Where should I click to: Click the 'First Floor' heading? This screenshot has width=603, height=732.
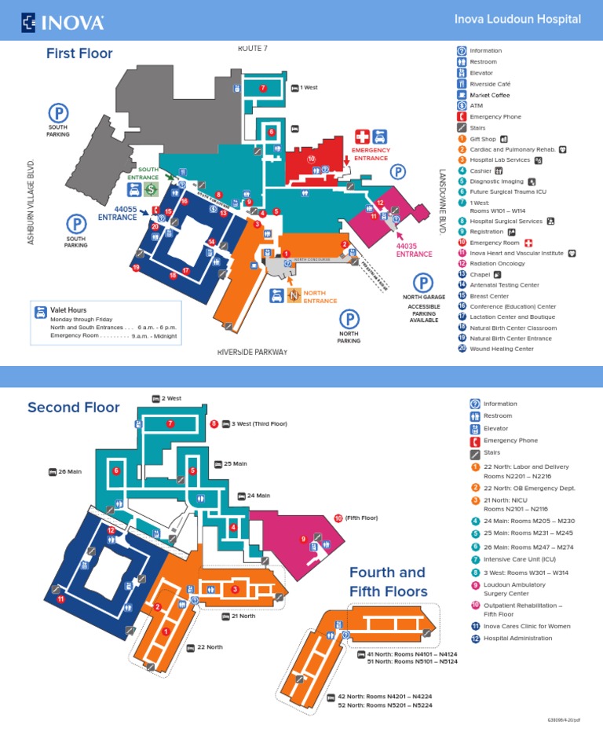coord(79,53)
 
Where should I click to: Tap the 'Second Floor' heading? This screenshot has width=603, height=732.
coord(74,407)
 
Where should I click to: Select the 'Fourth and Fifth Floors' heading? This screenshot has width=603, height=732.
coord(388,582)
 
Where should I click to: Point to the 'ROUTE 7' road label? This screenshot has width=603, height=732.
coord(253,49)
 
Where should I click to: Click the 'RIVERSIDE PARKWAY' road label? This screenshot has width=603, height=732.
coord(253,352)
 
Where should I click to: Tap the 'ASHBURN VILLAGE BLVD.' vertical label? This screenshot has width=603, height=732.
coord(32,202)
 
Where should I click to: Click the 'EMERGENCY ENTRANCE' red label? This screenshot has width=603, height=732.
coord(371,154)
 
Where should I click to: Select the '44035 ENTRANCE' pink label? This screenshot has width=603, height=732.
coord(414,250)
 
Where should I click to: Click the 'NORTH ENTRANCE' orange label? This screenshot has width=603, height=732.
coord(320,297)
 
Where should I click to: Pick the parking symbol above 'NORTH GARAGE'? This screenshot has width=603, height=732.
coord(423,283)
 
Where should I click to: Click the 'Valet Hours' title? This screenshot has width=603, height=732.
coord(68,311)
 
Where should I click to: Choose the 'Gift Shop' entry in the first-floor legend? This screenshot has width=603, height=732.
coord(484,139)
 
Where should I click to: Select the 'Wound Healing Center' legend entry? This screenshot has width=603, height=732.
coord(501,349)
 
